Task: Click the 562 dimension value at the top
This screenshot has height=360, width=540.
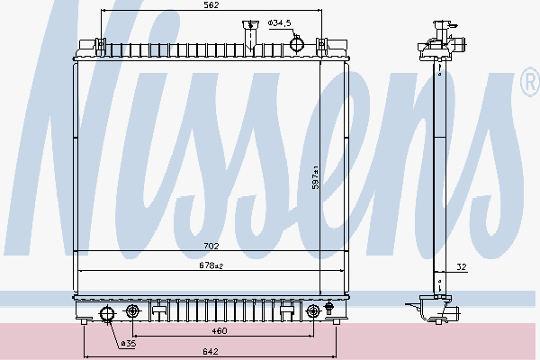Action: coord(210,5)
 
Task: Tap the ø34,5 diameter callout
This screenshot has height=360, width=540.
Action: coord(279,21)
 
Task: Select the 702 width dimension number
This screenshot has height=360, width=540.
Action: coord(210,244)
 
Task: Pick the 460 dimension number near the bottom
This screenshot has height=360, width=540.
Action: coord(210,332)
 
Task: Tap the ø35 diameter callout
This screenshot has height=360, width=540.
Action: coord(129,343)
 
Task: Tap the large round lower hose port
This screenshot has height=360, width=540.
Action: coord(106,313)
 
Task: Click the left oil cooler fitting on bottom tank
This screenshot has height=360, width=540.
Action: coord(133,312)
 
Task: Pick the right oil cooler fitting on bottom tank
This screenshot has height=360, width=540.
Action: coord(313,312)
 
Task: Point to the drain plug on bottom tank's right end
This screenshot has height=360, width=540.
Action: coord(329,311)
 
